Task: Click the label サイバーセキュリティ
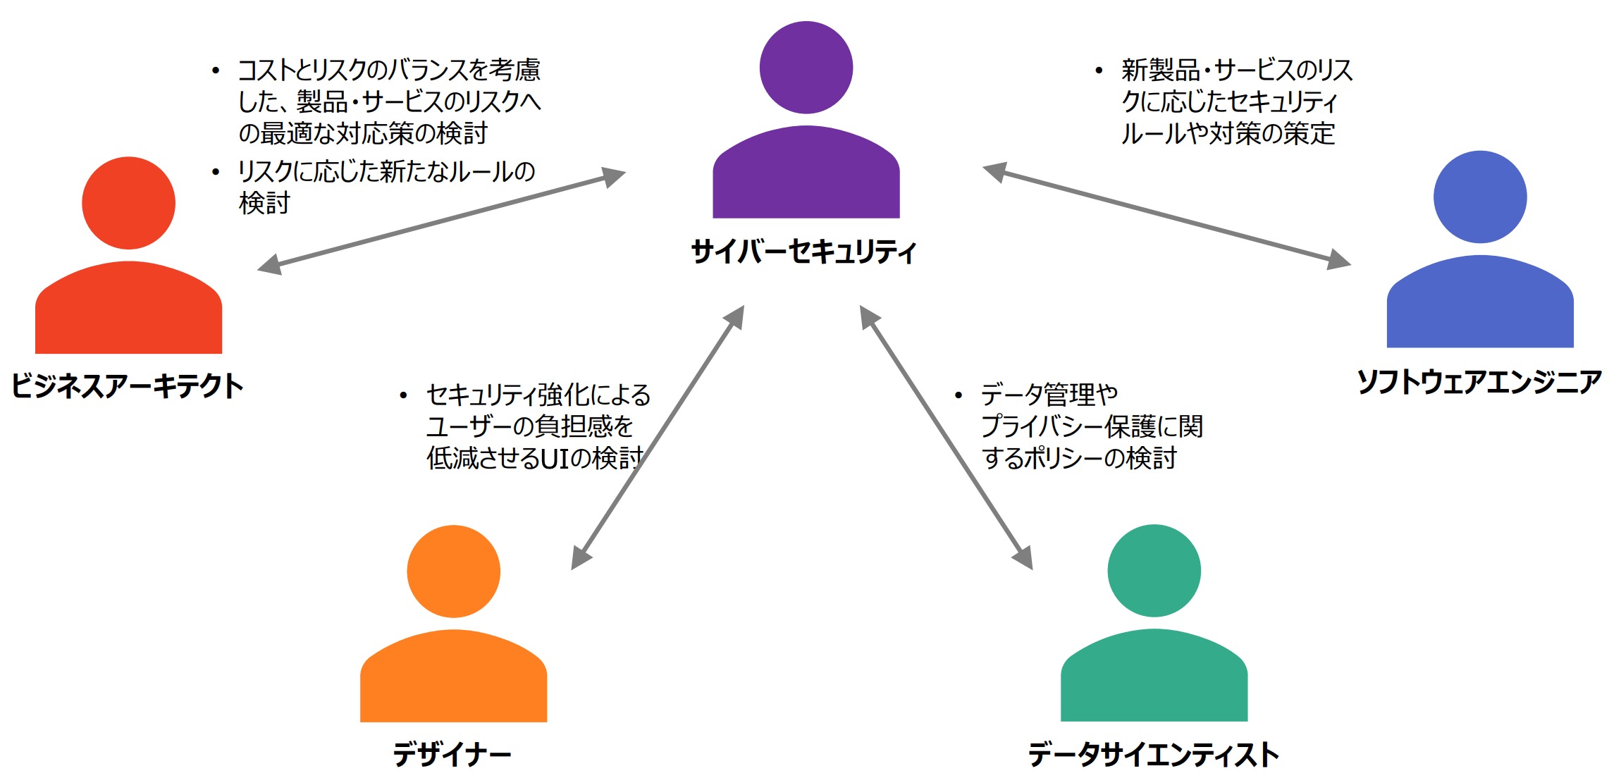click(803, 252)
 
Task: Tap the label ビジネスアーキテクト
click(128, 385)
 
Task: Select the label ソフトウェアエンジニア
click(1479, 382)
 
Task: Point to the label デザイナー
click(452, 755)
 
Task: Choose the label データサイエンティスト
click(1154, 755)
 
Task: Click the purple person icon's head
click(806, 68)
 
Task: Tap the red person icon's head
click(128, 203)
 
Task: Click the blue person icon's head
click(1480, 197)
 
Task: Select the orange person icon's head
click(453, 572)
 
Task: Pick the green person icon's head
click(1154, 571)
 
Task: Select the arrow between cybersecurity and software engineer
click(1166, 215)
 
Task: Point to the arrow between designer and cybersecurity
click(658, 437)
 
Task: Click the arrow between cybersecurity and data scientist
click(946, 437)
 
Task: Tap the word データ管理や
click(1049, 395)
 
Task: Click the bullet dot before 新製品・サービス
click(1099, 70)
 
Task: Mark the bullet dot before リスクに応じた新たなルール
click(216, 172)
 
